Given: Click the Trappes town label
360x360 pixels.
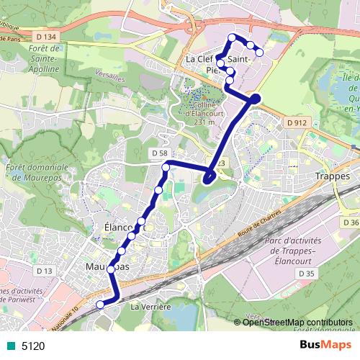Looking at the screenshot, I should [332, 176].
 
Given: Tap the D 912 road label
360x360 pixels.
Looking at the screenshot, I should [296, 123].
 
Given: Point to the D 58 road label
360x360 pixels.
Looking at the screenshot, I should [160, 153].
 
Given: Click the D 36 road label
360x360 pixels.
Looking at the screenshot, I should [351, 222].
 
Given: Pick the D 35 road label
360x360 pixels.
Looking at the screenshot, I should [305, 274].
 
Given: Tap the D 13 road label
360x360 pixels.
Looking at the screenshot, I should [45, 271].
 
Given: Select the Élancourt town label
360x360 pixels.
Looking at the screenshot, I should [115, 228].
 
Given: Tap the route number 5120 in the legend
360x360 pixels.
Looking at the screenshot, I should [32, 346].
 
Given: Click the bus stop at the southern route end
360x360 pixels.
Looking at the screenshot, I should [100, 304].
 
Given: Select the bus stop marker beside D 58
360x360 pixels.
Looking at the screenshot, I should [166, 168].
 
